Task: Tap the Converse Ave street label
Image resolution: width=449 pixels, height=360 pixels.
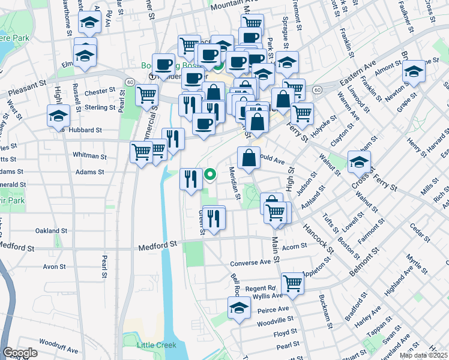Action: click(251, 263)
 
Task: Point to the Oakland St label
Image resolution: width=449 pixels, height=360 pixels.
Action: click(51, 230)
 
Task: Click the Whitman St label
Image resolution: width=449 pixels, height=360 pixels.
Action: click(89, 155)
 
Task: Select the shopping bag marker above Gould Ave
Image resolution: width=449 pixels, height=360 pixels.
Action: click(249, 158)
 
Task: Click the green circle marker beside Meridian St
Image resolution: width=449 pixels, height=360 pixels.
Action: click(210, 175)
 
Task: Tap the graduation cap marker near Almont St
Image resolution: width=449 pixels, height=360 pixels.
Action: click(414, 72)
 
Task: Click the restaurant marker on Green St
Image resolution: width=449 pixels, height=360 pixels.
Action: click(214, 217)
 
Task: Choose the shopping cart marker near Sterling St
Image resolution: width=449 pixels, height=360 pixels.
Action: click(146, 95)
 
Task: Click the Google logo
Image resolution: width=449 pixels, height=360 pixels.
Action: click(20, 353)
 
